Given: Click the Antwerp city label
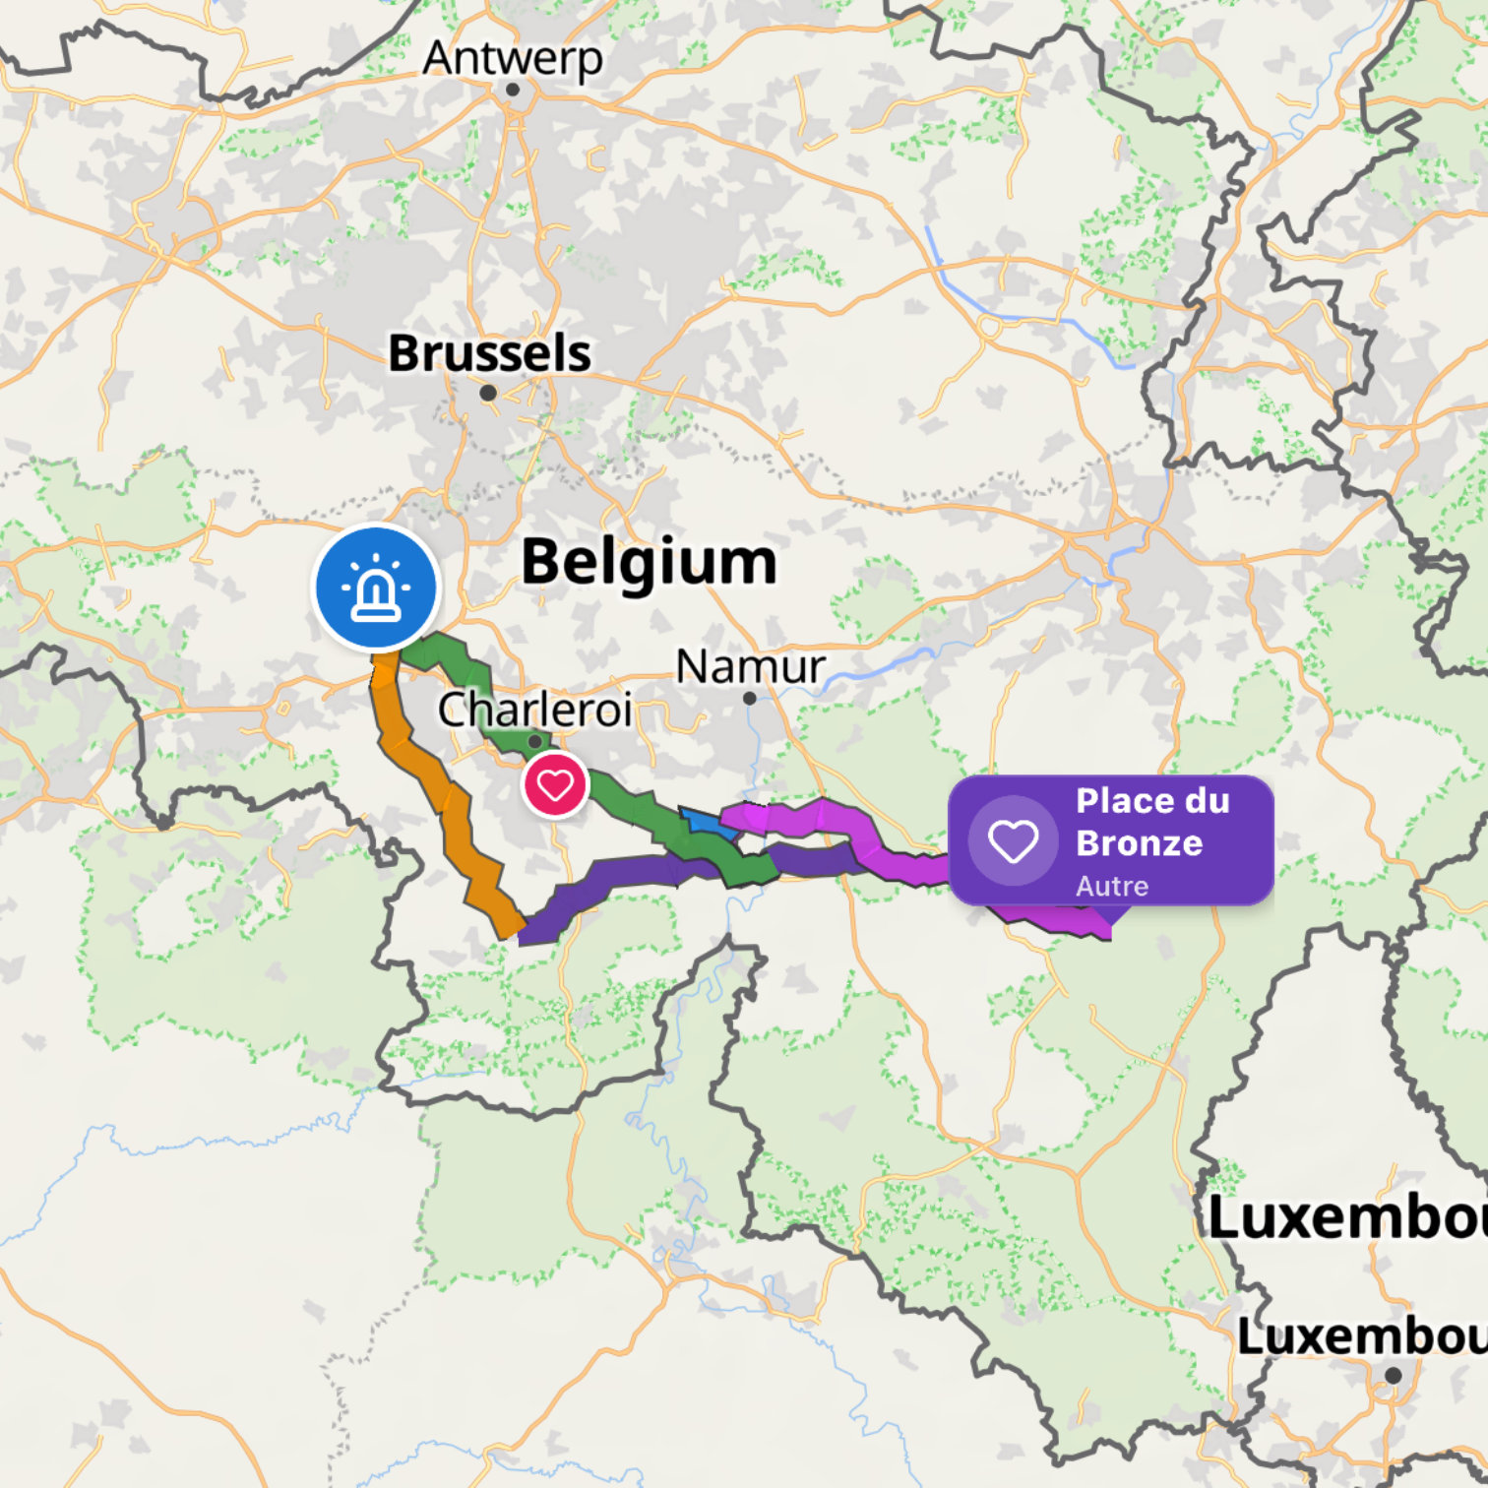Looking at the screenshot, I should point(512,58).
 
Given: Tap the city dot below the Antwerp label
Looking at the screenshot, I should point(512,90).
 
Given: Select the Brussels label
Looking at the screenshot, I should point(489,353).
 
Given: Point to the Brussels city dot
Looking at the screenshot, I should point(487,393).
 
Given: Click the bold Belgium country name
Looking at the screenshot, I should point(649,562).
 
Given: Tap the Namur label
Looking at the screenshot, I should point(750,667).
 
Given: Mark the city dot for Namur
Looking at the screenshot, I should point(749,698).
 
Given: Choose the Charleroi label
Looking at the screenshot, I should point(534,710).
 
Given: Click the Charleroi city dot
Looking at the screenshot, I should point(534,741).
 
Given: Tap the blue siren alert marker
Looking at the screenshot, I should point(376,588).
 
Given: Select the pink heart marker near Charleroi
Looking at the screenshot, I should point(555,785).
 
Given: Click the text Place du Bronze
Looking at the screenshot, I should point(1151,822).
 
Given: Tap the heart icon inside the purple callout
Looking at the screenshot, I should point(1013,841).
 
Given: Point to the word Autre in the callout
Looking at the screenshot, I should point(1111,886).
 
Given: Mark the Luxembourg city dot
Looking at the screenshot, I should point(1393,1375).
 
